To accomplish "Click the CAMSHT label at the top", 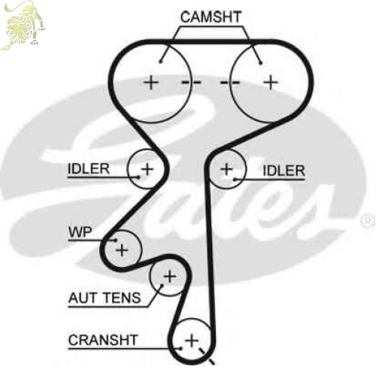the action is coord(211,17).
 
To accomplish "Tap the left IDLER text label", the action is coord(89,168).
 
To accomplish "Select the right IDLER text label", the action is coord(284,171).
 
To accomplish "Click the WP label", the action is coord(80,232).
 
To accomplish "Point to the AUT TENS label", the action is coord(105,298).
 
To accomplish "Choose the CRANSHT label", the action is coord(103,340).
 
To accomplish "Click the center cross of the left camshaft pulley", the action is coord(151,83).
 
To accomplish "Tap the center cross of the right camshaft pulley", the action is coord(271,82).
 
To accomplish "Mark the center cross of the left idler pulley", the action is coord(147,168).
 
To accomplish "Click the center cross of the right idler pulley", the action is coord(226,169).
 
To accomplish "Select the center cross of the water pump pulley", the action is coord(122,250).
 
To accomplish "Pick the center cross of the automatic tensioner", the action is coord(170,277).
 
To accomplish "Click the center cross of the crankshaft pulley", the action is coord(192,341).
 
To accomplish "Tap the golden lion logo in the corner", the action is coord(23,25).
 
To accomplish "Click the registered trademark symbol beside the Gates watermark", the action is coord(368,221).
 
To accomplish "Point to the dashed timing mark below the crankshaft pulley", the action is coord(207,356).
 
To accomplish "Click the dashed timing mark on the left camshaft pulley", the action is coord(191,82).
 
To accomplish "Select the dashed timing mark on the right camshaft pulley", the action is coord(229,82).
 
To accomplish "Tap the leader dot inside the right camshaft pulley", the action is coord(261,63).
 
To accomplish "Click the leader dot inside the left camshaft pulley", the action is coord(161,62).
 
